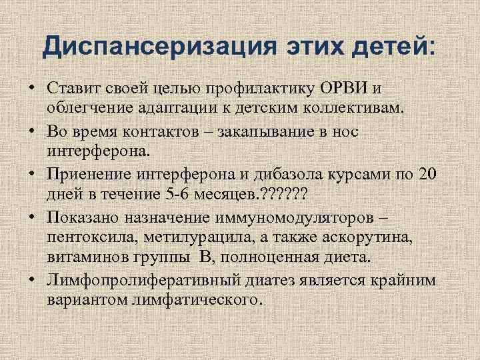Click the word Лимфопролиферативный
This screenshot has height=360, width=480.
pos(137,280)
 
